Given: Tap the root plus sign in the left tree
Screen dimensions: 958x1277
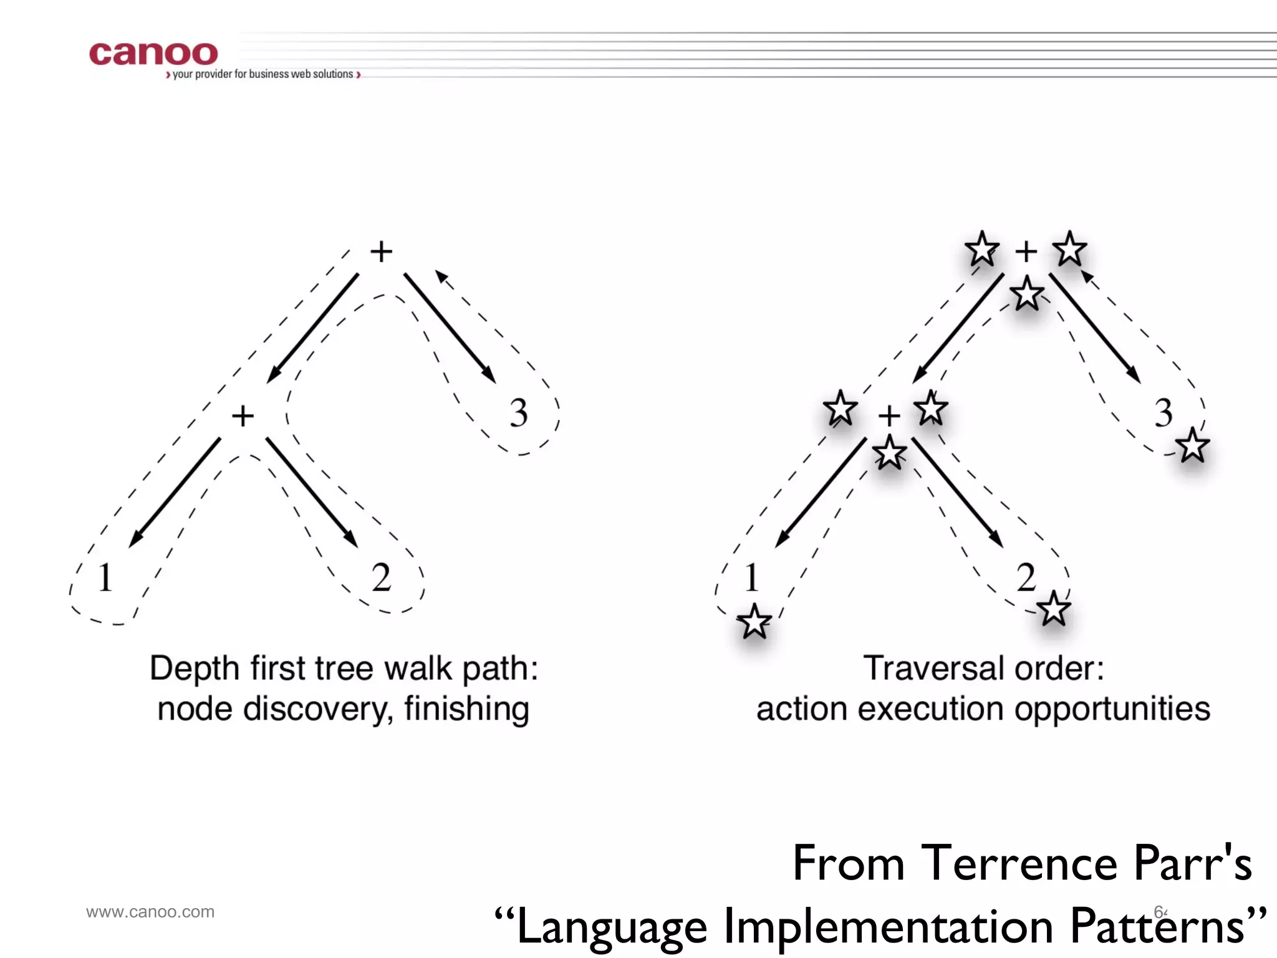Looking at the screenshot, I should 381,251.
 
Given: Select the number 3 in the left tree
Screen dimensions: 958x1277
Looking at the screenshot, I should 519,413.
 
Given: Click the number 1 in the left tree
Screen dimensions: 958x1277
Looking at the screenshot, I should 105,577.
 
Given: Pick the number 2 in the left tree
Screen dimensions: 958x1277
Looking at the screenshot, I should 381,577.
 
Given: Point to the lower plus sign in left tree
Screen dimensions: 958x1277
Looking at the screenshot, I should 243,415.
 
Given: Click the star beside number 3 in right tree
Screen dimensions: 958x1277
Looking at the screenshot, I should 1192,445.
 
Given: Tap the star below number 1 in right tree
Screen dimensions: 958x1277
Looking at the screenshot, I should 754,621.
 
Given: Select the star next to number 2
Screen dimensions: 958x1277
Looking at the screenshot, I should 1054,609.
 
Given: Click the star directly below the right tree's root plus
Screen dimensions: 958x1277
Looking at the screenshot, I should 1026,294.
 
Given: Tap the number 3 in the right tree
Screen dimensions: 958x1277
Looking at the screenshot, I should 1163,413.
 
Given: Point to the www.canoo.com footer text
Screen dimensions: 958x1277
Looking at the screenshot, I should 150,912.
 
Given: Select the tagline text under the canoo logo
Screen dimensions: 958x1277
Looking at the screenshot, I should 263,74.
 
